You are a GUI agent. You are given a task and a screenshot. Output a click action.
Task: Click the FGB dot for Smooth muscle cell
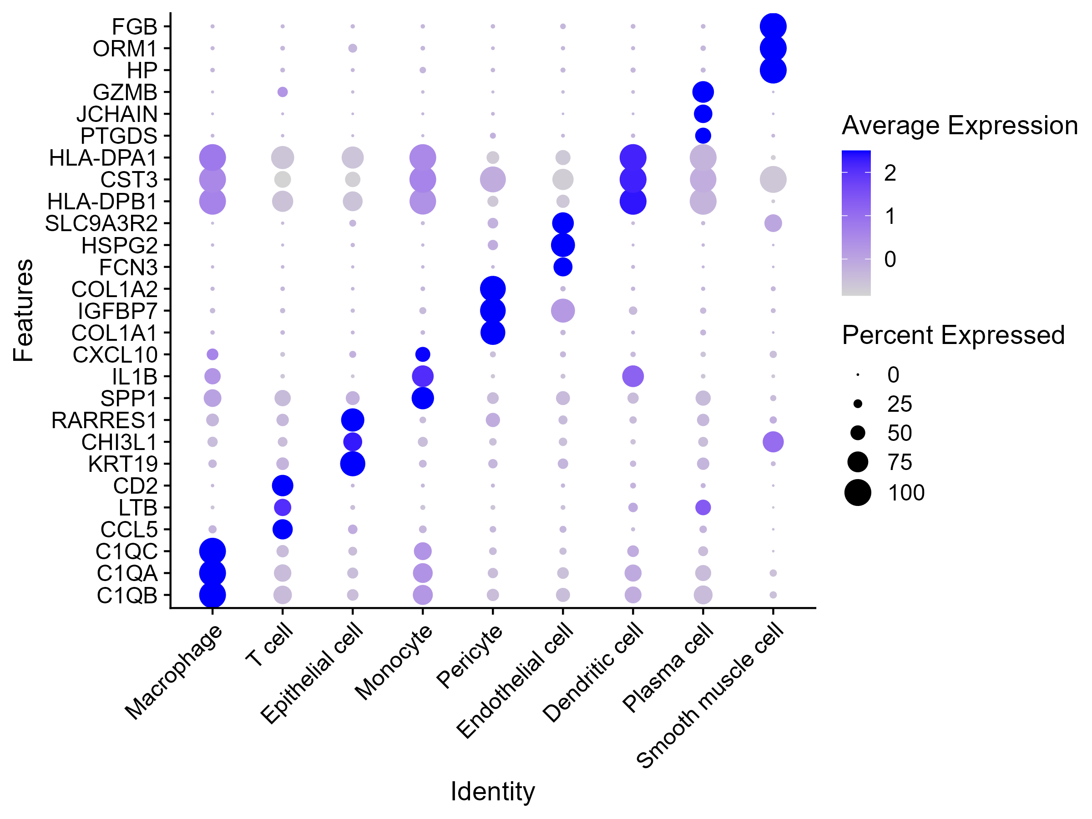(x=773, y=26)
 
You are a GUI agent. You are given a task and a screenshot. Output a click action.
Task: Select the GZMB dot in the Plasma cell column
(x=703, y=92)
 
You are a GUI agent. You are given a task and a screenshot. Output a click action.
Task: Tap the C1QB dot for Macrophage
(x=212, y=595)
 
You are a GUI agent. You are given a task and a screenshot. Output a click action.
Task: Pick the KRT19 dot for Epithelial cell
(x=353, y=464)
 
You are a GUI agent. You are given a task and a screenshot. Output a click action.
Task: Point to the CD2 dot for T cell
(x=283, y=486)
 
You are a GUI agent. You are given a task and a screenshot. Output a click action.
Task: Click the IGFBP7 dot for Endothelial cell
(x=563, y=310)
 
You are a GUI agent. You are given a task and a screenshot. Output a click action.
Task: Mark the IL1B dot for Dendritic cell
(x=633, y=376)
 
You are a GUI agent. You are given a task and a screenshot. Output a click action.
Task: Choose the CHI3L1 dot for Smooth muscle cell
(x=773, y=442)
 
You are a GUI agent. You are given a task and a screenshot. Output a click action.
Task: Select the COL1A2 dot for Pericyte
(x=493, y=289)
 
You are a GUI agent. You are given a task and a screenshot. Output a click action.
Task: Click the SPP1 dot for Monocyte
(x=423, y=398)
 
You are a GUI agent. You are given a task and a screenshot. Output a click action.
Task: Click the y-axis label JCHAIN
(x=117, y=114)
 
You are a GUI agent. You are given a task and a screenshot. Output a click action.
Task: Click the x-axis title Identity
(x=492, y=791)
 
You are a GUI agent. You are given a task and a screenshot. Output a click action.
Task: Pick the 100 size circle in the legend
(x=858, y=493)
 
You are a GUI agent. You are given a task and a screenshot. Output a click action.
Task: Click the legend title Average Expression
(x=959, y=126)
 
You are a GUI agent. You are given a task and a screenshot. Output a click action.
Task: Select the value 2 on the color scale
(x=890, y=173)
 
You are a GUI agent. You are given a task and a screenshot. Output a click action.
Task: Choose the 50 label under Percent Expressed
(x=900, y=433)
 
